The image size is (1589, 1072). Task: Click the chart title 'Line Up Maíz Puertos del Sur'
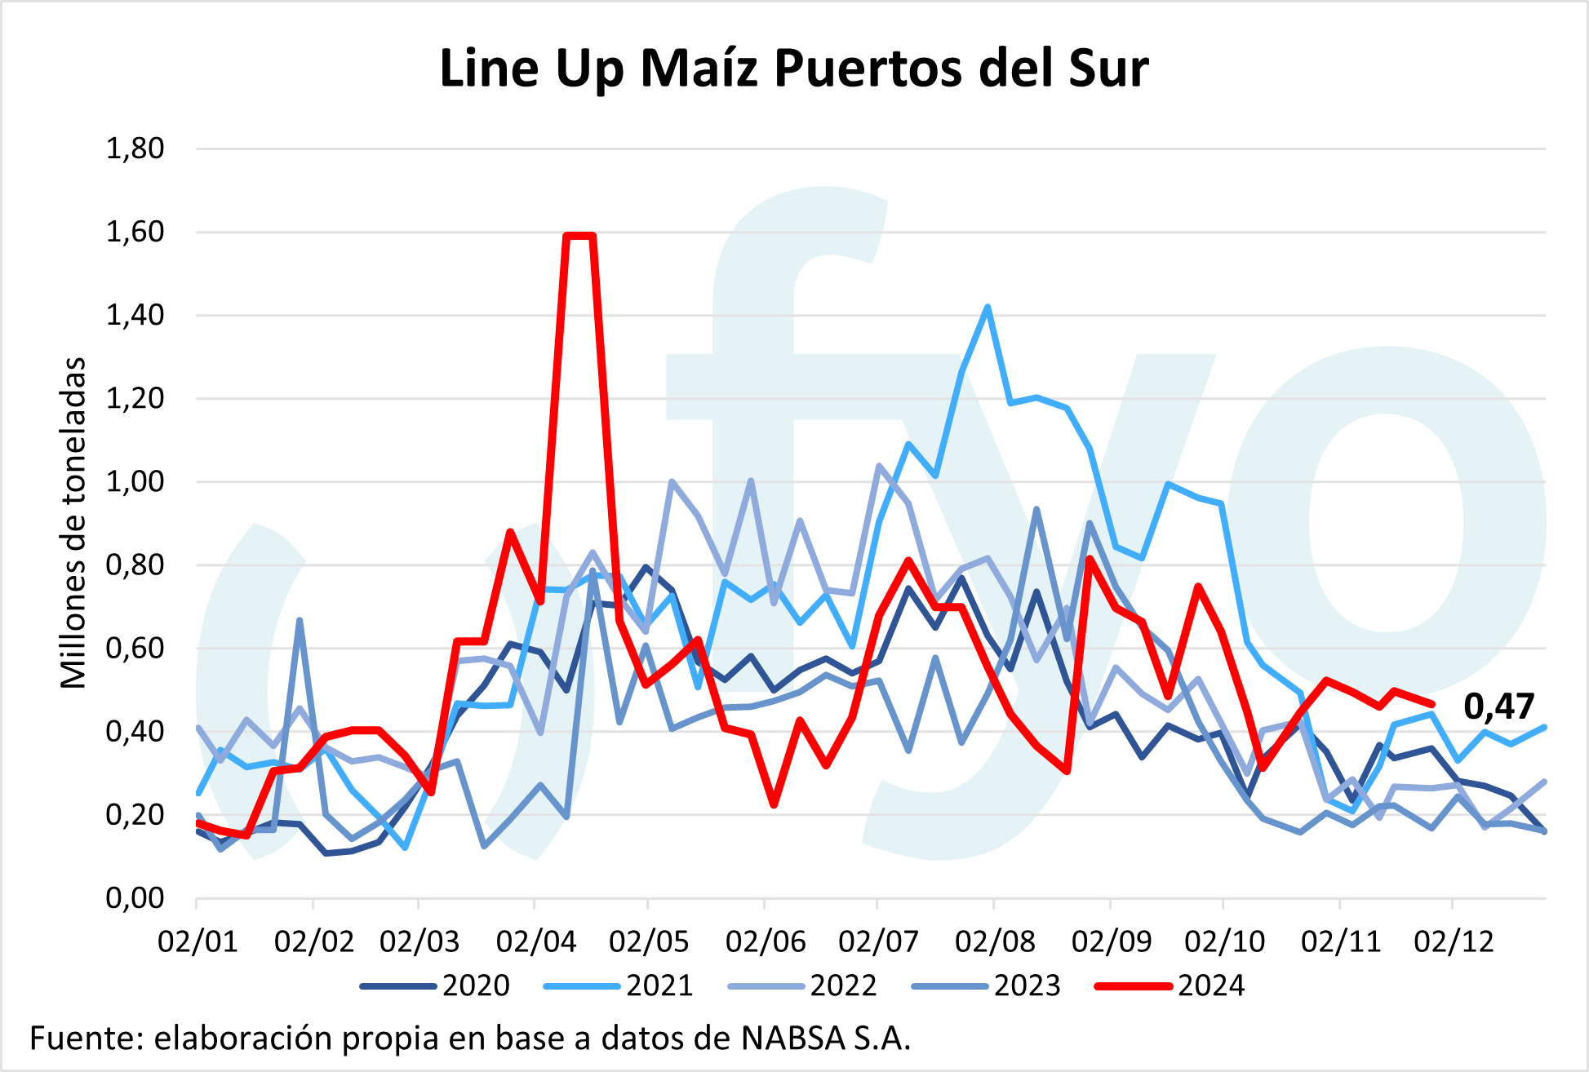(793, 68)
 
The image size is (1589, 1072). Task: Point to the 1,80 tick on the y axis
(135, 148)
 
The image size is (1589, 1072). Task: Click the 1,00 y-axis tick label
(135, 481)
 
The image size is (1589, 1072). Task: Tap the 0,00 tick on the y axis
(135, 898)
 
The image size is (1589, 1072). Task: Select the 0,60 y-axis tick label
(135, 649)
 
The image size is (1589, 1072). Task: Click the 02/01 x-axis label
(198, 941)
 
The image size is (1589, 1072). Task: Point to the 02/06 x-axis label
(765, 941)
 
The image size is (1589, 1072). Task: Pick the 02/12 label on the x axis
(1454, 941)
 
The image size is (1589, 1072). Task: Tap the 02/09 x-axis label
(1111, 941)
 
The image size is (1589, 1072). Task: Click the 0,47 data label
(1498, 707)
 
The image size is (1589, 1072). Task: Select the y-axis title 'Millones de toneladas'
(73, 523)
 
